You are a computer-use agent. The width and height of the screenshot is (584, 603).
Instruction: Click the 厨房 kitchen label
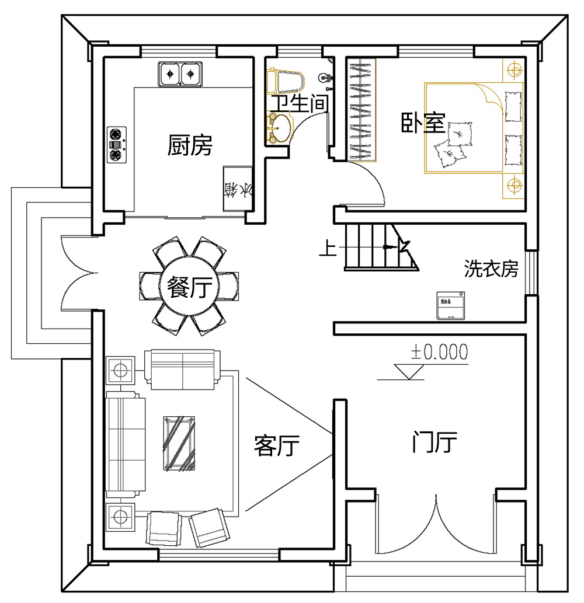pyautogui.click(x=190, y=145)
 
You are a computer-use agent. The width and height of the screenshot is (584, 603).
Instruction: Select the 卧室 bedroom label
pyautogui.click(x=423, y=123)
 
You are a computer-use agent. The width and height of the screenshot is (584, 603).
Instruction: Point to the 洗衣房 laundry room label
pyautogui.click(x=491, y=269)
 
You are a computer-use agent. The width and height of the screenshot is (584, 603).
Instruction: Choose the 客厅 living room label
pyautogui.click(x=277, y=447)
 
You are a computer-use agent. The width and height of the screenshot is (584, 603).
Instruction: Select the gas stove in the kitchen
pyautogui.click(x=116, y=144)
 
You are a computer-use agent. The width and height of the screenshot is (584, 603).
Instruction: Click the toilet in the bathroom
pyautogui.click(x=286, y=82)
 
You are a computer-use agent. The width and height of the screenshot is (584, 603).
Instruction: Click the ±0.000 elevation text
pyautogui.click(x=440, y=351)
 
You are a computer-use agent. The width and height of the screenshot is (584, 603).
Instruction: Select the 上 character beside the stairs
pyautogui.click(x=327, y=249)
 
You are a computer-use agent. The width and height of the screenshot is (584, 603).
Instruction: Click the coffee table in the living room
pyautogui.click(x=179, y=442)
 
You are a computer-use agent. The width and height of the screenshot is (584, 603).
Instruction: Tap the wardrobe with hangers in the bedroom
pyautogui.click(x=362, y=109)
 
